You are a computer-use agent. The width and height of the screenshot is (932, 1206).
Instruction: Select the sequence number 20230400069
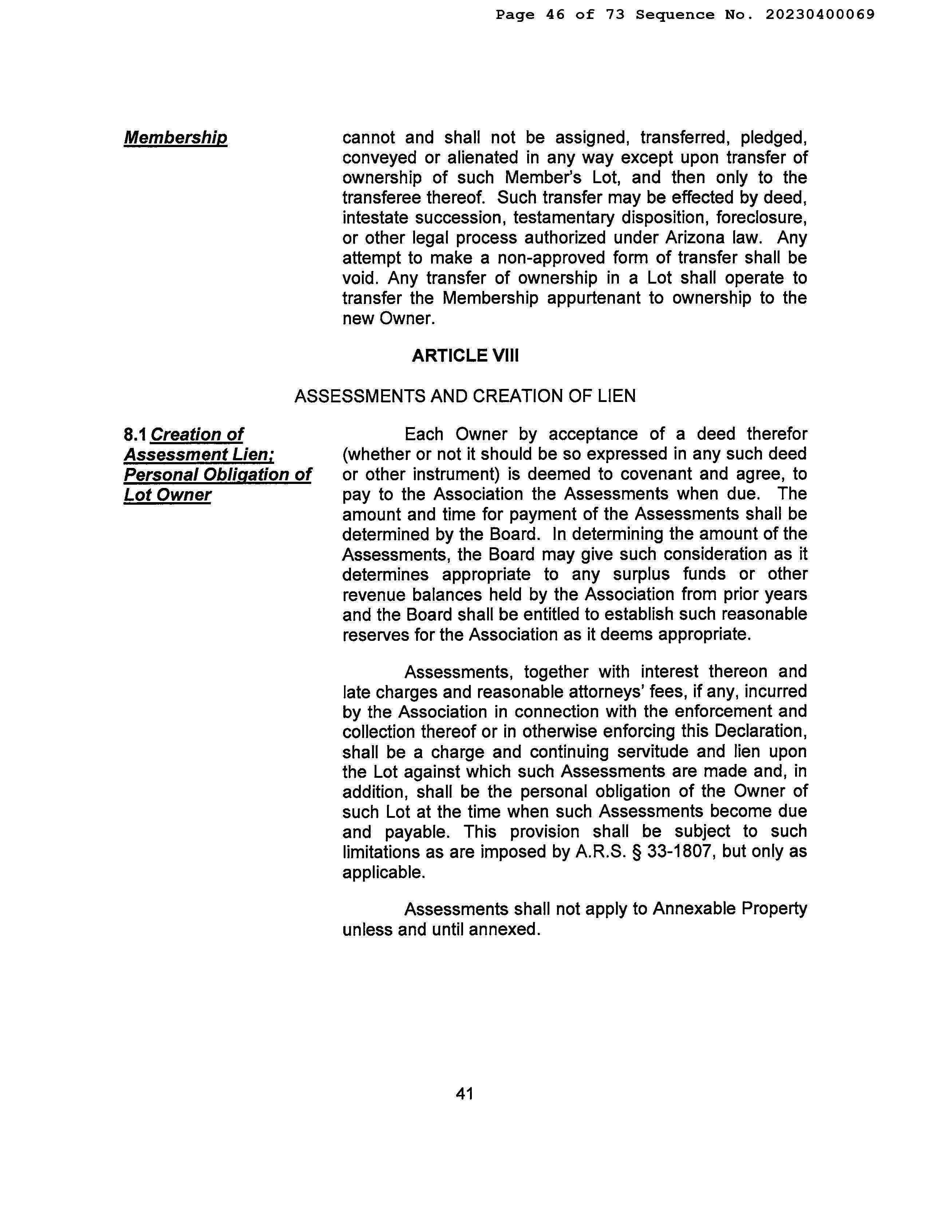click(820, 14)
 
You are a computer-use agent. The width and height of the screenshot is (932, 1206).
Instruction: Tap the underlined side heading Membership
click(175, 138)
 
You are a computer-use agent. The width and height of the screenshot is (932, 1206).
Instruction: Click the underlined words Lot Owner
click(167, 495)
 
